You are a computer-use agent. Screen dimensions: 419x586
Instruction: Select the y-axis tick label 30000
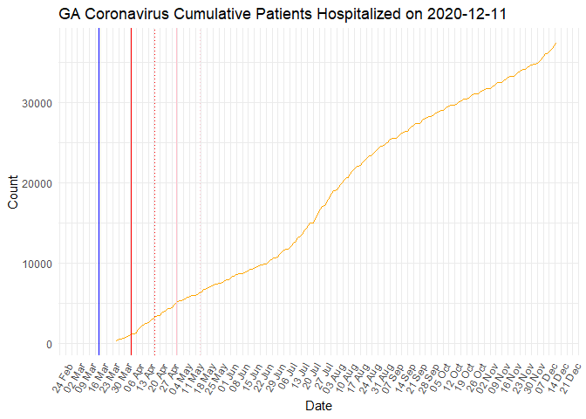pos(37,103)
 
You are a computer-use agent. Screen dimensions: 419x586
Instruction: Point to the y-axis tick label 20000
pos(37,183)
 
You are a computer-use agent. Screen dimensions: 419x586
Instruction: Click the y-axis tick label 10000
pos(37,264)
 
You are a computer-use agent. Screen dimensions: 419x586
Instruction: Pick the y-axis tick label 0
pos(50,344)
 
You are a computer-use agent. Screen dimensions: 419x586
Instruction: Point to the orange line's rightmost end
pos(555,44)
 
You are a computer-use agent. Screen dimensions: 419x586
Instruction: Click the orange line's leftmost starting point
pos(116,340)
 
